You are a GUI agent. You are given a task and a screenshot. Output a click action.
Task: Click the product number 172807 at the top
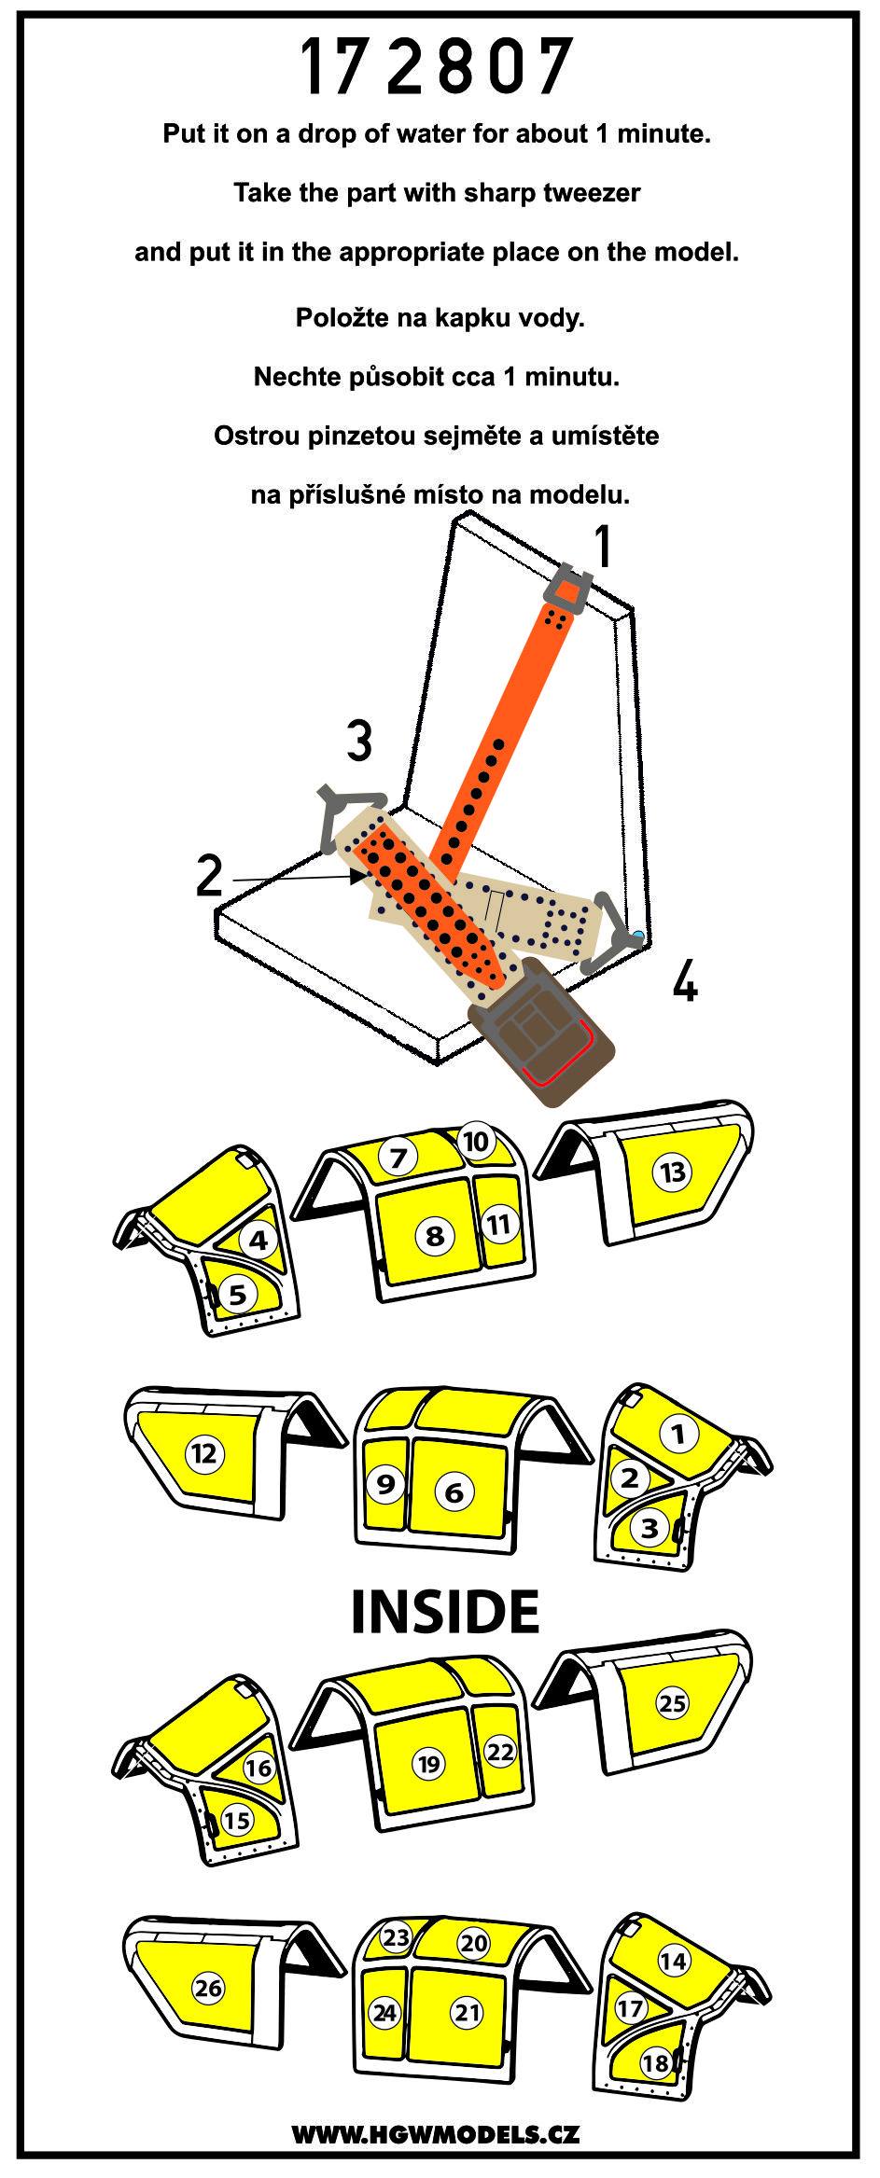(x=437, y=67)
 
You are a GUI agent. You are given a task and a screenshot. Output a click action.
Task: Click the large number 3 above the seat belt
(x=359, y=743)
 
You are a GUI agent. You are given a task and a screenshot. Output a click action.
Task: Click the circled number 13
(x=673, y=1172)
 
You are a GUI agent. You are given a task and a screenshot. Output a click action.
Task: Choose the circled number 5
(x=238, y=1294)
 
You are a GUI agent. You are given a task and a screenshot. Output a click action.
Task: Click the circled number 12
(x=205, y=1452)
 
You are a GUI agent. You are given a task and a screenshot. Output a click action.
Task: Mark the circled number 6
(x=454, y=1491)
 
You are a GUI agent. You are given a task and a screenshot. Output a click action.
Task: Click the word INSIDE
(x=445, y=1610)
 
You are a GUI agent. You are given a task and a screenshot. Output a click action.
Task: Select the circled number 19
(x=428, y=1763)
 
